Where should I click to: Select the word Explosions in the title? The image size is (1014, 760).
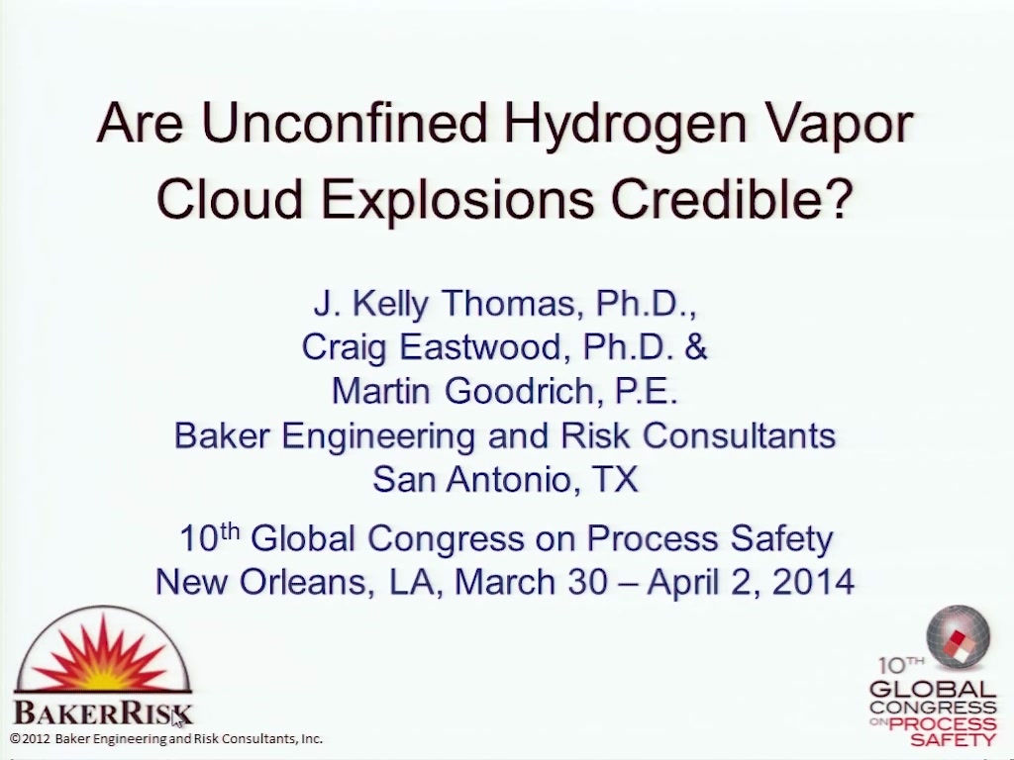(x=457, y=200)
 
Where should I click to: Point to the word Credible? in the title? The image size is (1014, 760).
(x=732, y=197)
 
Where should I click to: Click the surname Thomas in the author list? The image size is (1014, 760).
(x=508, y=303)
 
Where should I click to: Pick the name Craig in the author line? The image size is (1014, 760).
(x=345, y=347)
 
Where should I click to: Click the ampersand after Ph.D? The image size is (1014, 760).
(x=695, y=347)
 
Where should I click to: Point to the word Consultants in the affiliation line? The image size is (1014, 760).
(x=739, y=435)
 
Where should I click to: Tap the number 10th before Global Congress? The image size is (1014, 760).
(x=210, y=537)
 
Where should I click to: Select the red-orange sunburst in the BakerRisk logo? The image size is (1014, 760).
(x=103, y=653)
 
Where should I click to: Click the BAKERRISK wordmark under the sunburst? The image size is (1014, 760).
(x=103, y=712)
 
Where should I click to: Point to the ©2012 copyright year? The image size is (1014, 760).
(x=30, y=738)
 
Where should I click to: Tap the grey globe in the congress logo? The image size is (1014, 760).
(x=958, y=636)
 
